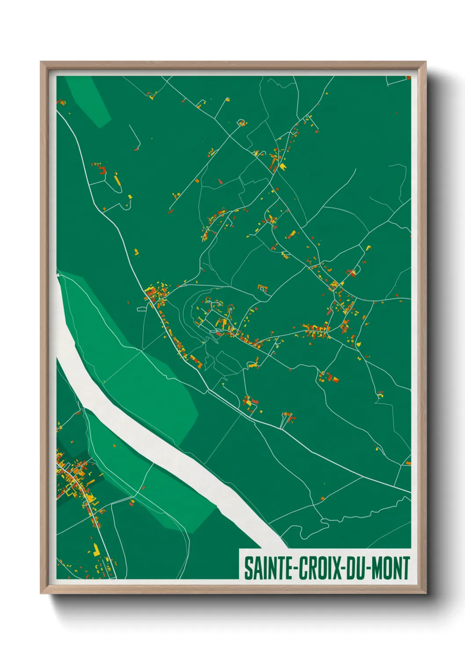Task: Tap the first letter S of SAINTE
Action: [x=248, y=568]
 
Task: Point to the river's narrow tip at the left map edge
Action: [x=58, y=275]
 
